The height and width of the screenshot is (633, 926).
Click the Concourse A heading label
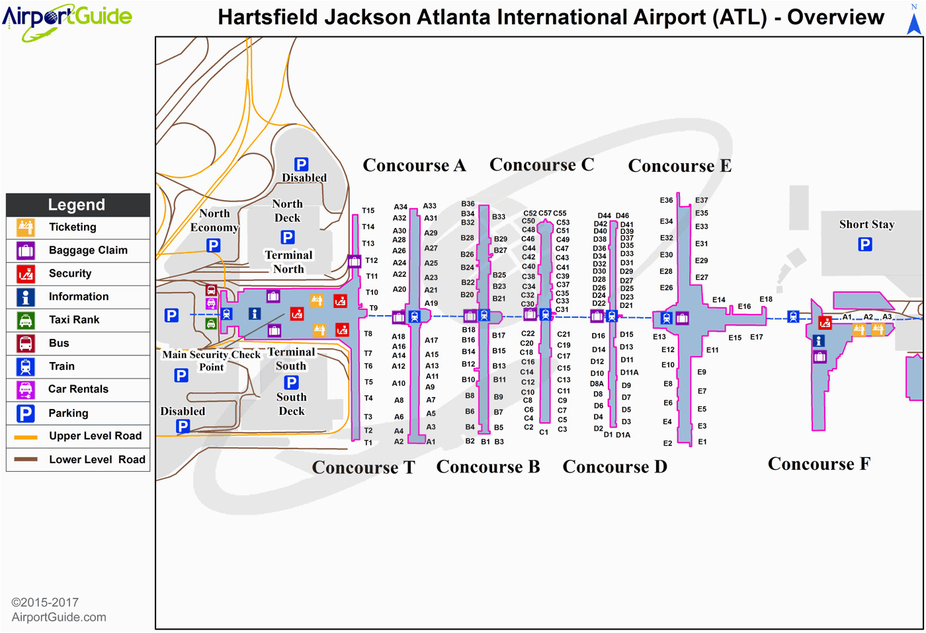414,165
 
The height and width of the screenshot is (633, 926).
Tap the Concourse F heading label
819,464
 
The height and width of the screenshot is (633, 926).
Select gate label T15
368,211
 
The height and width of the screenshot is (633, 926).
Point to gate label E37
702,200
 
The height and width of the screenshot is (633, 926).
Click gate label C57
545,213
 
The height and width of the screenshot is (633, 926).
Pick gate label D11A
629,373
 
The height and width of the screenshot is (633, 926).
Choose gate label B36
468,204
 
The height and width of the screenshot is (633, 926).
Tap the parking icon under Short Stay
865,244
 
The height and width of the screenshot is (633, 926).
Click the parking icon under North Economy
213,246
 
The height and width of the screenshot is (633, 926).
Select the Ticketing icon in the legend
26,227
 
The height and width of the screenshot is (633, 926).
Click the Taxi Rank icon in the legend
26,320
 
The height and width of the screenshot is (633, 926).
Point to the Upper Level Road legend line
26,437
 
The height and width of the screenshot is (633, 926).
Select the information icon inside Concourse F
819,341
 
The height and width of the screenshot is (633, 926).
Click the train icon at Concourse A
414,316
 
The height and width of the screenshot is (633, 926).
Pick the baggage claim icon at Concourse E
682,318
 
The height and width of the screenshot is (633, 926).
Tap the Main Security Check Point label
211,361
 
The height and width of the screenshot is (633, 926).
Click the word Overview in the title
835,17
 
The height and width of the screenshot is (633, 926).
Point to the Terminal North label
288,262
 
